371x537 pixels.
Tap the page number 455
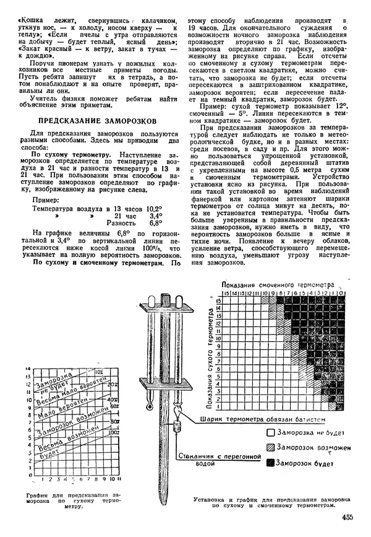click(348, 518)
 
